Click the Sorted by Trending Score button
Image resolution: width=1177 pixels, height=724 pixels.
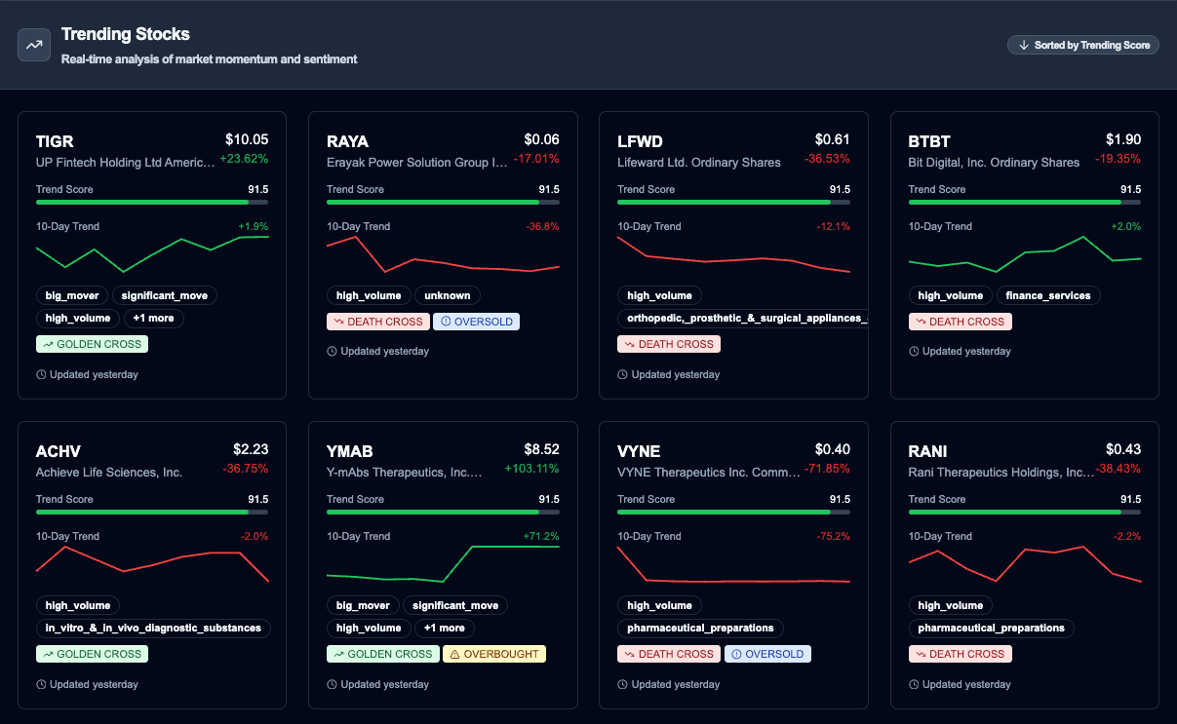tap(1082, 45)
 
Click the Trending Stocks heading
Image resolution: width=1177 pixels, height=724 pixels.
tap(126, 34)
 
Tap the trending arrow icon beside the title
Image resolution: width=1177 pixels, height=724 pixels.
tap(34, 45)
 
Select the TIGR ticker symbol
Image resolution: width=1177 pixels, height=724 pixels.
tap(55, 142)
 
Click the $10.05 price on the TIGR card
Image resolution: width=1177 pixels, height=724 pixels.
tap(247, 139)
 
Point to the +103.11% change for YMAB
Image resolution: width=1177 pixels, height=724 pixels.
tap(531, 469)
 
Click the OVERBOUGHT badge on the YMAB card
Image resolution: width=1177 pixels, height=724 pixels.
tap(494, 654)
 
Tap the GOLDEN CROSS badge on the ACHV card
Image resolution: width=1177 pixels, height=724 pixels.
tap(92, 654)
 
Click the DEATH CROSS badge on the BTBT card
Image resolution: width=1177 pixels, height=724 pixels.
tap(960, 322)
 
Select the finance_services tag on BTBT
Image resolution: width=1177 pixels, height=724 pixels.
tap(1048, 295)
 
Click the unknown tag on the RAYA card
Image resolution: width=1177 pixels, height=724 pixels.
tap(448, 295)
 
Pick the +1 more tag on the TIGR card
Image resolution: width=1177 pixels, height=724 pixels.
tap(154, 318)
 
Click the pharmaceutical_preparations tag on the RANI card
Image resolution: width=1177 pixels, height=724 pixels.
tap(991, 629)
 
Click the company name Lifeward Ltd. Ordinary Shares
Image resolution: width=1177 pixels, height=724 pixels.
tap(699, 163)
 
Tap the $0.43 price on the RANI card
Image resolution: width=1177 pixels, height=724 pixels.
tap(1123, 449)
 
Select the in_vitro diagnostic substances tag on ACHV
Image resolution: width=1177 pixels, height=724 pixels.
tap(153, 629)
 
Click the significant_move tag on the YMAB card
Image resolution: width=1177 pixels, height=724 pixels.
tap(454, 605)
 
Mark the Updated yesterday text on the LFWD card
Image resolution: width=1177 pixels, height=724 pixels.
tap(675, 374)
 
